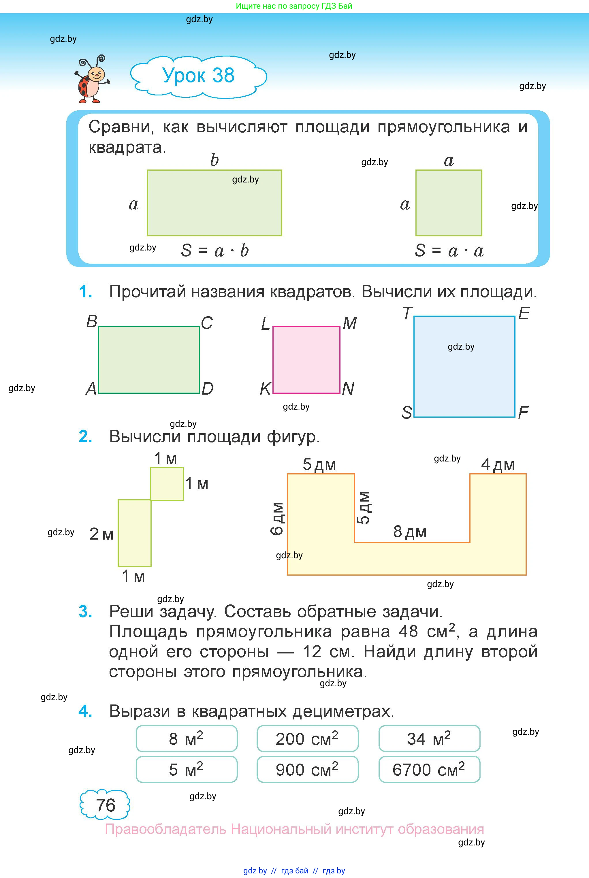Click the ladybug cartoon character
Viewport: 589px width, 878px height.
(92, 80)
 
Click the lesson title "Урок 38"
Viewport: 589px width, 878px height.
(198, 76)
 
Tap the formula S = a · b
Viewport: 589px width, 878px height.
(215, 250)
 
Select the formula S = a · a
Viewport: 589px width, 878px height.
(449, 250)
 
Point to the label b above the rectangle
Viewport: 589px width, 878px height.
(214, 160)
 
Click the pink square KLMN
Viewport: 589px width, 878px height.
(306, 359)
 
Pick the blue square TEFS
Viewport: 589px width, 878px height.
(464, 367)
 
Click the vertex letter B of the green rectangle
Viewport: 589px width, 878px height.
(92, 321)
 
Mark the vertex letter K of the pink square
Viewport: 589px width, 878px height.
(265, 389)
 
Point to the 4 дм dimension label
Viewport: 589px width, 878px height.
(498, 465)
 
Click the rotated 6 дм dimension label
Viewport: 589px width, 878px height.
(277, 518)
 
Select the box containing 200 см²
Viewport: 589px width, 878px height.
(307, 739)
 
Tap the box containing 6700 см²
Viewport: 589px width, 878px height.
(429, 769)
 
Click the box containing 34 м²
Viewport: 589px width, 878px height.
(429, 739)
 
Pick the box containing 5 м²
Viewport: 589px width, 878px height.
(186, 769)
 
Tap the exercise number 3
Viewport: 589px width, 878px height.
(85, 612)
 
